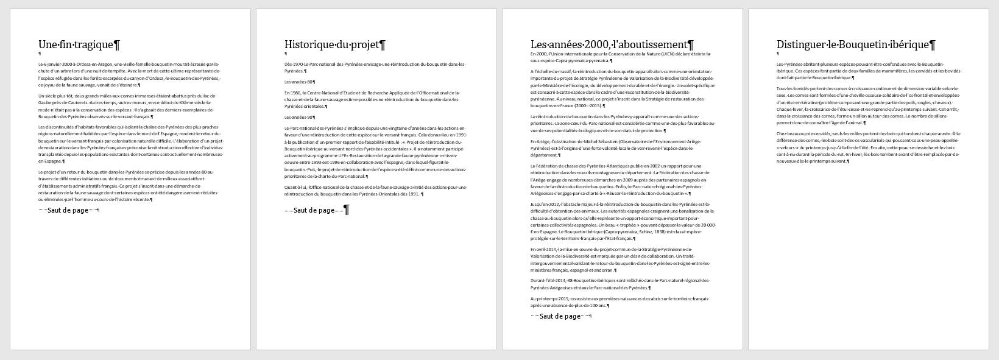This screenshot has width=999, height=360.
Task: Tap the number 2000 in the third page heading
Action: (x=597, y=44)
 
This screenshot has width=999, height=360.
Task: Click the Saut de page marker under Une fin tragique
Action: (x=68, y=210)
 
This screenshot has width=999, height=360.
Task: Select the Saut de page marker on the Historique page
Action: (x=314, y=210)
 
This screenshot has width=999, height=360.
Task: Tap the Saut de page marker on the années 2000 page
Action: (x=560, y=316)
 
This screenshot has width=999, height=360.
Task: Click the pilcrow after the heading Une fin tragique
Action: (x=118, y=44)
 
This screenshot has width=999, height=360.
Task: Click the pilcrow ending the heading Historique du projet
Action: (x=382, y=44)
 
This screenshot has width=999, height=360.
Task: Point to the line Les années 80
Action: (x=298, y=82)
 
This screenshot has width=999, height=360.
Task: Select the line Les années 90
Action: (x=298, y=117)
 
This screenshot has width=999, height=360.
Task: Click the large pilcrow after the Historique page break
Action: (x=347, y=210)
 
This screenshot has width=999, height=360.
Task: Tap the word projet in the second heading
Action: (x=364, y=44)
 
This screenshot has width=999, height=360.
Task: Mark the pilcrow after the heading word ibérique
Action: (x=933, y=44)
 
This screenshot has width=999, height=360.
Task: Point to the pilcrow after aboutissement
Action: (x=690, y=44)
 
